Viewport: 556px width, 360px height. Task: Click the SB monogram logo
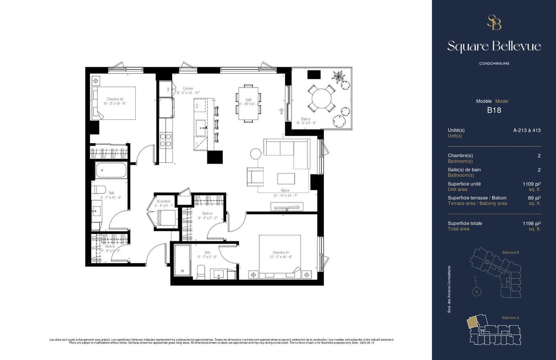click(x=494, y=22)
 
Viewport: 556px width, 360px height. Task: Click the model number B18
click(x=494, y=110)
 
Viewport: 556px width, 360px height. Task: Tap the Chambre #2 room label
click(x=115, y=99)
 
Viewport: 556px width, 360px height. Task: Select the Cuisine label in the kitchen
click(x=188, y=88)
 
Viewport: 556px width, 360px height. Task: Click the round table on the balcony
click(x=323, y=98)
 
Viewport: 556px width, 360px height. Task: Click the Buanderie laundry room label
click(x=164, y=201)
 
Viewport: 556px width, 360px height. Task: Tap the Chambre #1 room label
click(x=281, y=252)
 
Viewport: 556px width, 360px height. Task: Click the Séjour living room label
click(x=285, y=190)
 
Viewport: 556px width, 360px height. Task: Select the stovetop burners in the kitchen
click(x=166, y=140)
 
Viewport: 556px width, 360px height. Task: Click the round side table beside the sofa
click(x=256, y=154)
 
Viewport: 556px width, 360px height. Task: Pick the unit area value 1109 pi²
click(x=531, y=184)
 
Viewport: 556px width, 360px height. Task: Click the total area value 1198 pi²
click(x=531, y=223)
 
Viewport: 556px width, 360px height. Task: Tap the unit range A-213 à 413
click(x=527, y=130)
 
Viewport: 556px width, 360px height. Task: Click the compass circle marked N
click(x=476, y=292)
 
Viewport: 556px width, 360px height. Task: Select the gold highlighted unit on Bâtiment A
click(x=472, y=323)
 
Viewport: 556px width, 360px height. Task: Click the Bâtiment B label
click(x=510, y=252)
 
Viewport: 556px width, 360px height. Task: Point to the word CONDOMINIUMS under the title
click(x=494, y=63)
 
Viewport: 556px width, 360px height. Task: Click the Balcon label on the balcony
click(x=306, y=119)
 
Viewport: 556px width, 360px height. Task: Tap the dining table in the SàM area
click(x=248, y=103)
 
